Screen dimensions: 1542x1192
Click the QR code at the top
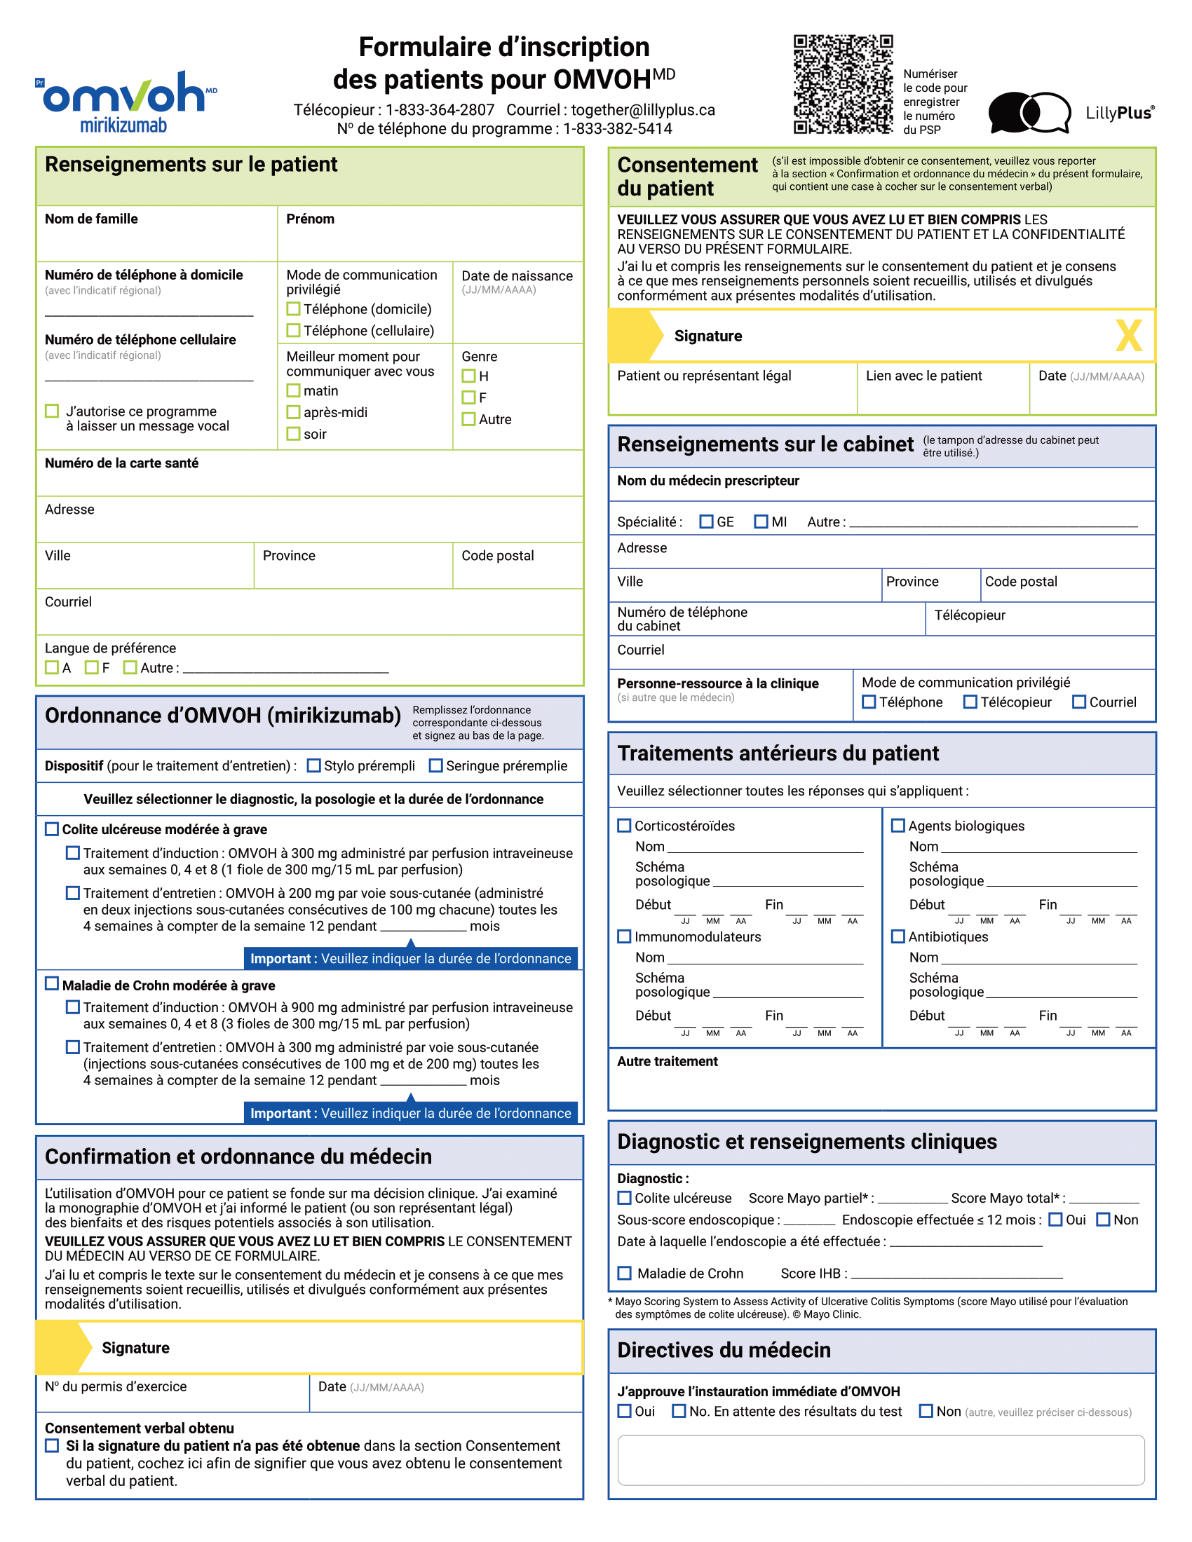[x=842, y=84]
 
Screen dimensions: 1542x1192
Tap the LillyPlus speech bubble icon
[x=1029, y=112]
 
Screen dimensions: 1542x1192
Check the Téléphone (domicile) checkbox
[x=294, y=308]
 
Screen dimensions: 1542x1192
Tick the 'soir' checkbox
[x=294, y=433]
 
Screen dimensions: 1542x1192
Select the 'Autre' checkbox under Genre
[x=468, y=418]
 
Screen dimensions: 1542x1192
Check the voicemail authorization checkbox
[x=52, y=411]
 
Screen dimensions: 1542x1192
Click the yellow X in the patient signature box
[x=1127, y=335]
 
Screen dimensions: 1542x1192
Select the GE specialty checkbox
[x=706, y=521]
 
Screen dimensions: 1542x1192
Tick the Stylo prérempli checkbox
[x=314, y=765]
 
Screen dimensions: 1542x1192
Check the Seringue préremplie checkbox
[x=435, y=765]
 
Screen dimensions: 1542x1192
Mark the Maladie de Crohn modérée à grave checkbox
[x=52, y=983]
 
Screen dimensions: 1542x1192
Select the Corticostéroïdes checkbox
[x=624, y=826]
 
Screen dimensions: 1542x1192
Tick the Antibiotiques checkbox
[x=898, y=936]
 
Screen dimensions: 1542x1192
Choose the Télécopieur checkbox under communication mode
[x=970, y=702]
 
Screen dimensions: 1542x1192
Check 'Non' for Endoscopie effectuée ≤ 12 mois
[x=1103, y=1220]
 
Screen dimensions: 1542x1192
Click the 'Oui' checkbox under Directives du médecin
[x=624, y=1411]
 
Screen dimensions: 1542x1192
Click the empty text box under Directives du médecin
[x=881, y=1459]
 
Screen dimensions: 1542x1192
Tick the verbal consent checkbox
[x=52, y=1445]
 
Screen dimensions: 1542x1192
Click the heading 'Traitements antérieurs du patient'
[x=778, y=753]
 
